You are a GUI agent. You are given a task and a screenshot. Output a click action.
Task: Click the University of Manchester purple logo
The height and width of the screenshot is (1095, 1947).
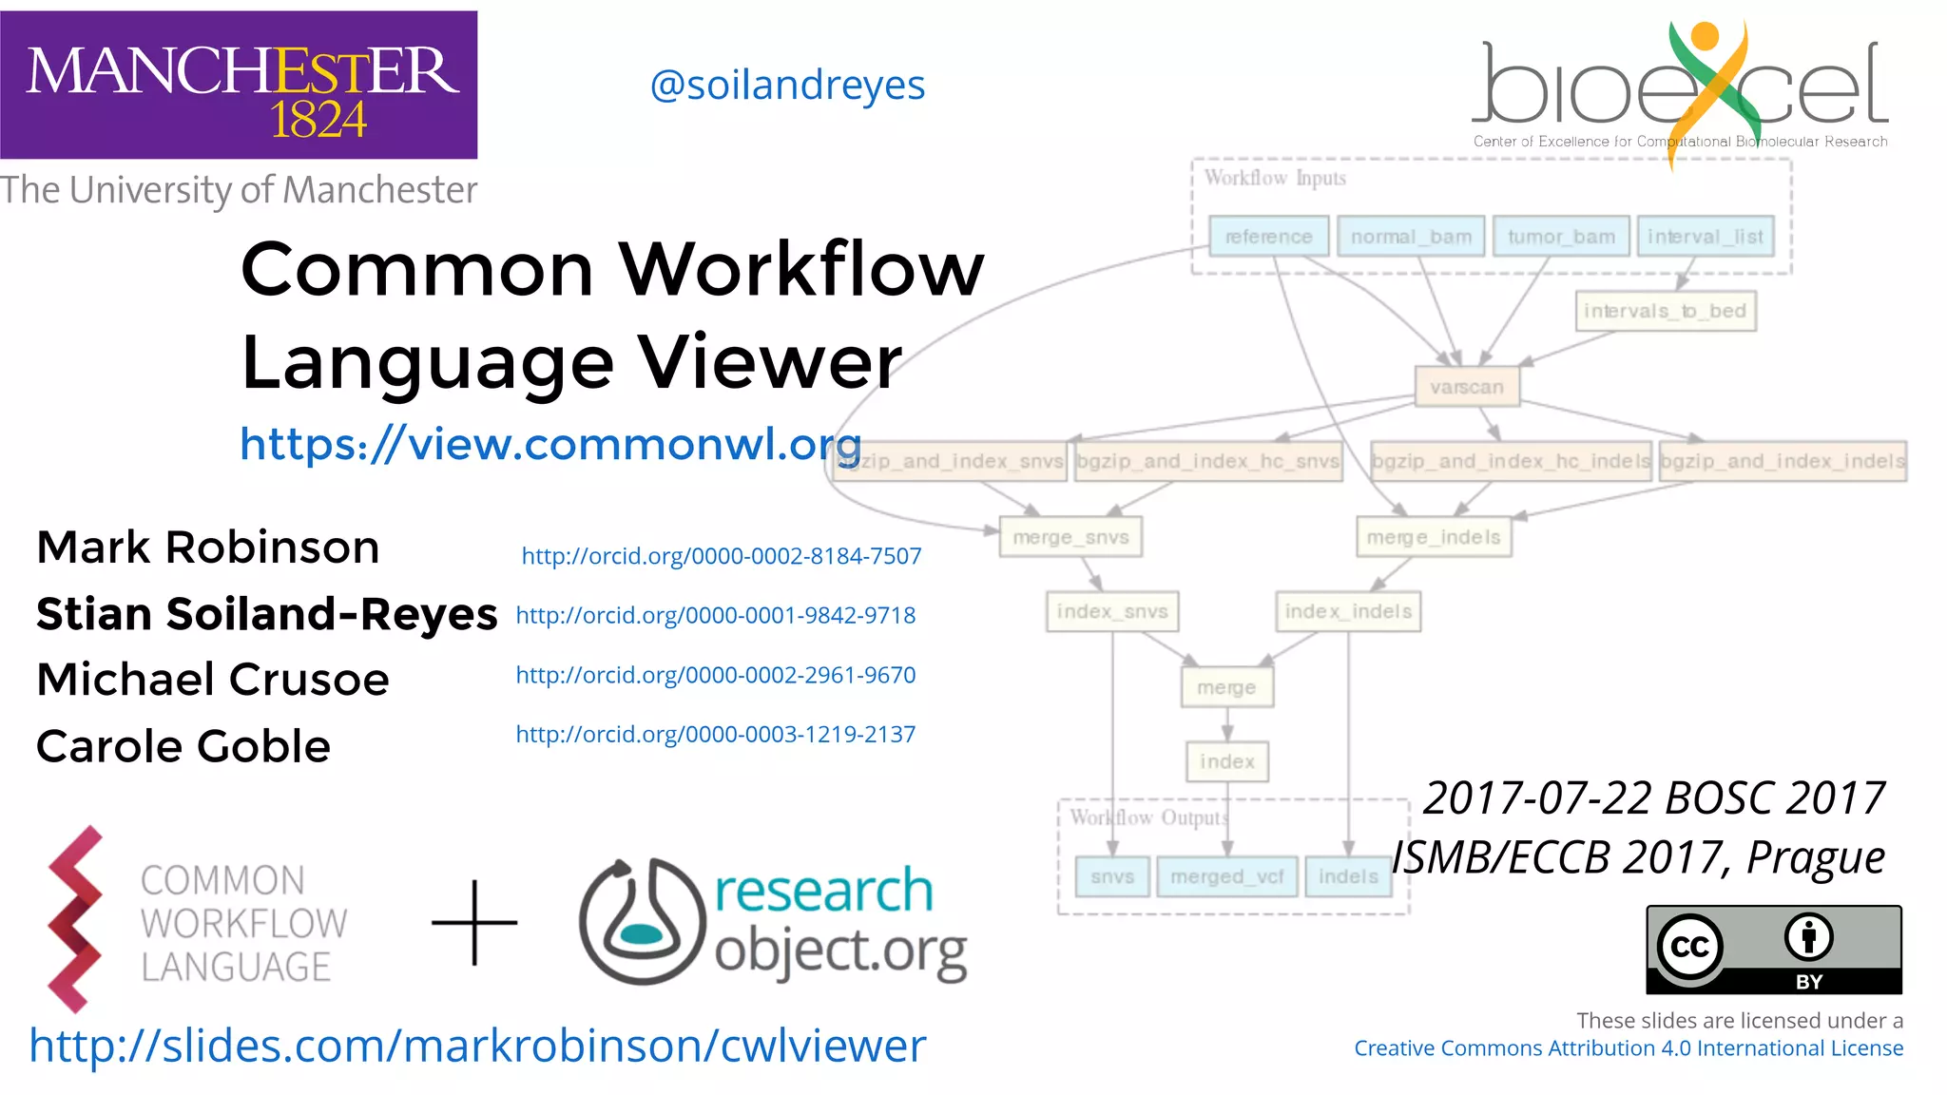pos(239,85)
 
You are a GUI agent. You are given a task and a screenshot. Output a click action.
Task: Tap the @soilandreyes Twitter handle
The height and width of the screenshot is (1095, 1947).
pos(787,86)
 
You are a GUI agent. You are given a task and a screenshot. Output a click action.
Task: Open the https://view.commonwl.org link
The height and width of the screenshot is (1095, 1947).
pos(550,444)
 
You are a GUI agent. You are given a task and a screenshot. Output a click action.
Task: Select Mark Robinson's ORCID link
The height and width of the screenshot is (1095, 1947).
pos(721,556)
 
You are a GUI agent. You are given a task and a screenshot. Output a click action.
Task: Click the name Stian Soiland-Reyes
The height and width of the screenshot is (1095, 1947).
pos(266,614)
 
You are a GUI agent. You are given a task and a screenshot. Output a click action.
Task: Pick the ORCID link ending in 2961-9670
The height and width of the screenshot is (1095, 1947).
pos(715,675)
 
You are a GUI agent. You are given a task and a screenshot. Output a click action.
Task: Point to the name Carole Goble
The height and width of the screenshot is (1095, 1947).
pos(183,746)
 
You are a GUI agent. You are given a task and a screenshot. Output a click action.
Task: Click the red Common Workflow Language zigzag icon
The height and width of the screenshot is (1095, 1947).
pos(74,919)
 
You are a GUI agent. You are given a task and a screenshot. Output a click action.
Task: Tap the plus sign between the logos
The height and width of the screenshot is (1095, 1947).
pos(474,922)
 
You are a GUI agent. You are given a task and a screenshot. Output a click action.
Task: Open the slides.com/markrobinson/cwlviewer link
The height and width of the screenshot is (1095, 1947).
pos(477,1046)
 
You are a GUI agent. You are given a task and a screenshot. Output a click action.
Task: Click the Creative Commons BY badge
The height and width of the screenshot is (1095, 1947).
pos(1773,950)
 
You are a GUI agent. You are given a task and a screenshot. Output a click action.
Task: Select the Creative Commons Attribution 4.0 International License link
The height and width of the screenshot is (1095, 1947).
pos(1628,1048)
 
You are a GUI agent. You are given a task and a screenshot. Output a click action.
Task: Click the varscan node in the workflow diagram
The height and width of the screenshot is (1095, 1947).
pos(1466,387)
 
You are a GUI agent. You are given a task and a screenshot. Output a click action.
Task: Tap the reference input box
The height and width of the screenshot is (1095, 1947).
pos(1268,237)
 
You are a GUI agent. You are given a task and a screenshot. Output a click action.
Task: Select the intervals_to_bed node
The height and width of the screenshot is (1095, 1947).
pos(1665,311)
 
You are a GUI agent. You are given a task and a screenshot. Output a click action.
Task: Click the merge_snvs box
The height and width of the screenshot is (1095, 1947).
pos(1070,537)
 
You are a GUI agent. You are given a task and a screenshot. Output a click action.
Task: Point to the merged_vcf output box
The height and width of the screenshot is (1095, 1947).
pos(1226,876)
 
